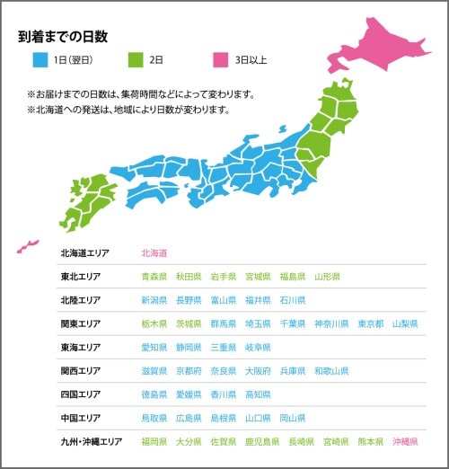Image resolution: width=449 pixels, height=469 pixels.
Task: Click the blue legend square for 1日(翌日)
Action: coord(40,61)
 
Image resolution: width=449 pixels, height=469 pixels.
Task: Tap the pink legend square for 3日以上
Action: coord(219,61)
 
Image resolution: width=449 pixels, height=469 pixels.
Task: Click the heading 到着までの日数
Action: coord(63,38)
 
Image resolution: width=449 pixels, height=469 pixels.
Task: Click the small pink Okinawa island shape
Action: coord(28,245)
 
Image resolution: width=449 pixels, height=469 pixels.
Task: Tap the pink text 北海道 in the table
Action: coord(154,253)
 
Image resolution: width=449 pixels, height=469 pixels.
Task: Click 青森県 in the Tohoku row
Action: coord(154,277)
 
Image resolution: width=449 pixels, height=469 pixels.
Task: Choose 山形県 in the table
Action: coord(327,277)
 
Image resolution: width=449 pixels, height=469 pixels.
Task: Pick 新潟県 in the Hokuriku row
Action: coord(154,300)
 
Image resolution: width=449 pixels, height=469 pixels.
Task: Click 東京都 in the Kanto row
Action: coord(370,323)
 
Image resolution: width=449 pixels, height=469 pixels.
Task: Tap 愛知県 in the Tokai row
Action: coord(154,347)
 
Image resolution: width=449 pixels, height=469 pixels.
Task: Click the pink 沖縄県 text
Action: coord(405,442)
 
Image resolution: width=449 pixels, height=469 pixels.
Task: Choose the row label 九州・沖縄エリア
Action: coord(92,442)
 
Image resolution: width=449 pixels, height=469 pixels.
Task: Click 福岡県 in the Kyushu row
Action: coord(154,442)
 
